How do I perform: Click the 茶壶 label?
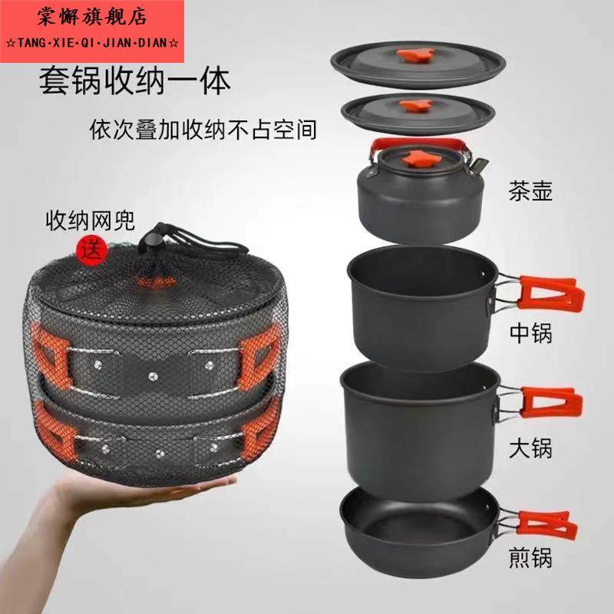pyautogui.click(x=530, y=190)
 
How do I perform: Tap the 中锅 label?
pyautogui.click(x=530, y=334)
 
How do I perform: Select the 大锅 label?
pyautogui.click(x=530, y=447)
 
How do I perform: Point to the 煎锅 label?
pyautogui.click(x=530, y=554)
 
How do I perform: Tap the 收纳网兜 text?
pyautogui.click(x=88, y=223)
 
